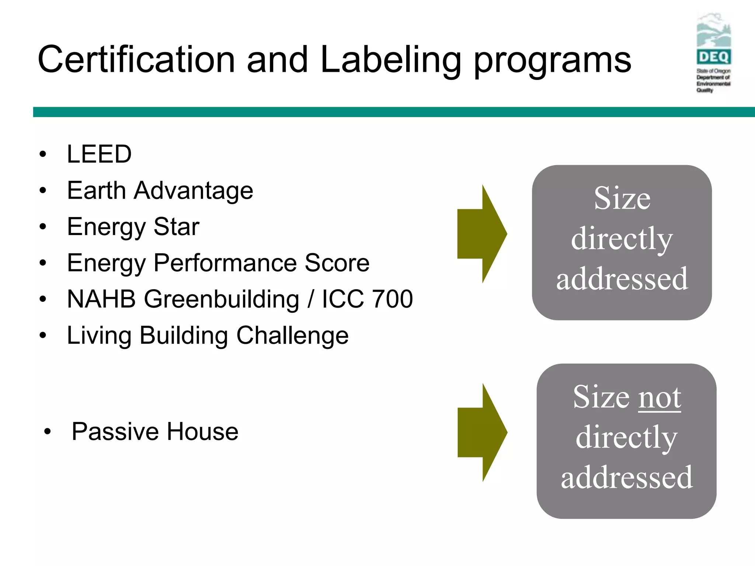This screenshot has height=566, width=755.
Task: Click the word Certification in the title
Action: tap(136, 60)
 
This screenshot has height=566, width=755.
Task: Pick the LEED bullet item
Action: tap(99, 154)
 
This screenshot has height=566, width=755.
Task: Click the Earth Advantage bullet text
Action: tap(160, 191)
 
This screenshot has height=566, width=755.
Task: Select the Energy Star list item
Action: tap(133, 227)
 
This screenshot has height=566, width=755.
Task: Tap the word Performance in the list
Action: tap(225, 263)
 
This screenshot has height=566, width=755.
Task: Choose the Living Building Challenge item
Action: tap(208, 336)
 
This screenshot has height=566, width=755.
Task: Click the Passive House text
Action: tap(155, 432)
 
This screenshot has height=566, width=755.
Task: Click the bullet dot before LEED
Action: tap(43, 154)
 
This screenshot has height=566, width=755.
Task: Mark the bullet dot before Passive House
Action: tap(47, 432)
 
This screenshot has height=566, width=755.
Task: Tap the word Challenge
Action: tap(292, 336)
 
